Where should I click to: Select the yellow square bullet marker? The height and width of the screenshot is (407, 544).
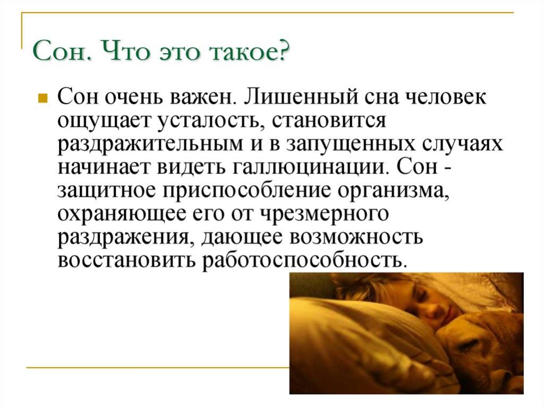[42, 98]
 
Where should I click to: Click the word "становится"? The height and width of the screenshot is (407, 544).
[329, 121]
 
